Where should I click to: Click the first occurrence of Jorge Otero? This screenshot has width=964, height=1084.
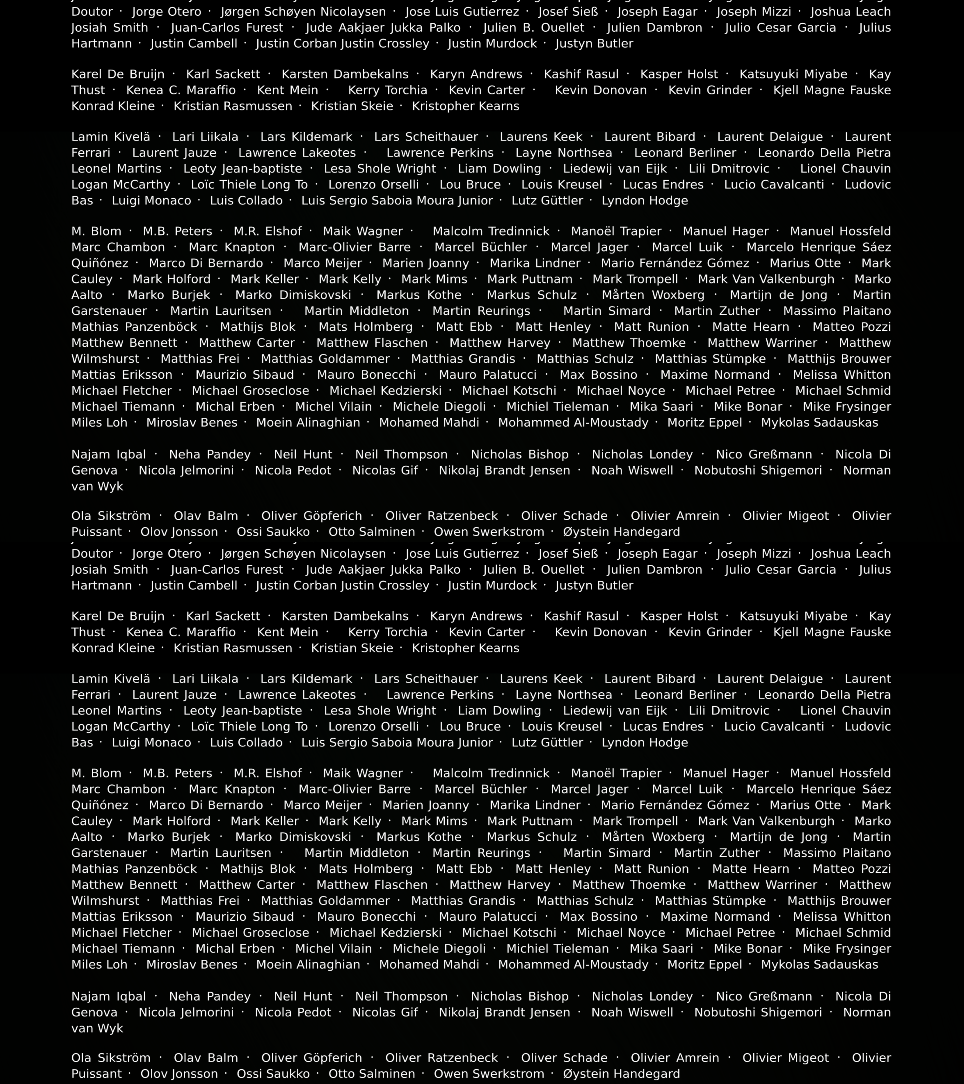click(x=167, y=12)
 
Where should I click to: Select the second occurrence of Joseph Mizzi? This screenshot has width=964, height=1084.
click(x=753, y=554)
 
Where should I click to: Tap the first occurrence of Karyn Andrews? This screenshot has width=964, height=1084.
click(x=476, y=74)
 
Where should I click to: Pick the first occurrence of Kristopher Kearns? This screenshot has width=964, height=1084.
click(x=465, y=106)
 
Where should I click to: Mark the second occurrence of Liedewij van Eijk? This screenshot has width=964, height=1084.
click(x=615, y=711)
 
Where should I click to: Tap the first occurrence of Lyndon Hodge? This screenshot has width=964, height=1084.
click(x=645, y=200)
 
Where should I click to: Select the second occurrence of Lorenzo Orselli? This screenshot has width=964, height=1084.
click(x=374, y=727)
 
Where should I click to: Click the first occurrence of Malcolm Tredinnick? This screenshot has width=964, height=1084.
click(x=491, y=231)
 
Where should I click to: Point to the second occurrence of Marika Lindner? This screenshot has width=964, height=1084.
click(x=535, y=805)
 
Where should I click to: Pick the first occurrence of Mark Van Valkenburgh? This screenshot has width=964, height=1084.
click(x=766, y=279)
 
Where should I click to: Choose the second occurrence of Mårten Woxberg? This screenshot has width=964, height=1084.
click(x=653, y=837)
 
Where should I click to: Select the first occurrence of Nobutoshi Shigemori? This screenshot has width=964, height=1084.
click(x=758, y=470)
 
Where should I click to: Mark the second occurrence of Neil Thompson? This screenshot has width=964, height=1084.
click(x=401, y=997)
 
